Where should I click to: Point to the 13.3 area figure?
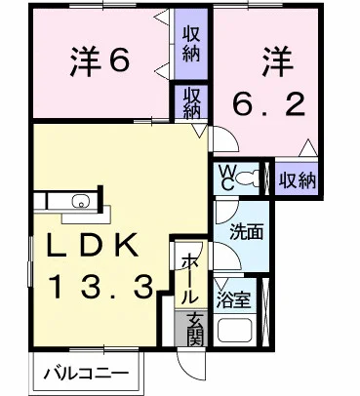[101, 287]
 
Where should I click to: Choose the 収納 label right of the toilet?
[297, 178]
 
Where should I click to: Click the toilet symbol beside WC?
[253, 178]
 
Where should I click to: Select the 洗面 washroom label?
[244, 234]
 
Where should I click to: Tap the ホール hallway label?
[186, 278]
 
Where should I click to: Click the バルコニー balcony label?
[89, 373]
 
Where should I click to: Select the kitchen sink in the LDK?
[79, 203]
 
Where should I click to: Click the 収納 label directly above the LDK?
[189, 102]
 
